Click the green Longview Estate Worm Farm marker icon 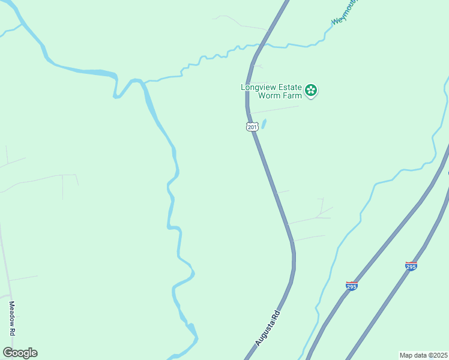point(311,91)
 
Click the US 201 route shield point(252,126)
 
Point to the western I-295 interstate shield point(352,286)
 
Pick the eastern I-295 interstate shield point(411,265)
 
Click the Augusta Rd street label point(268,328)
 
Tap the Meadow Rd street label point(11,318)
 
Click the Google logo point(20,353)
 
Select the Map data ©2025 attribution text point(423,355)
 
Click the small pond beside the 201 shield point(264,124)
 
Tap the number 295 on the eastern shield point(411,266)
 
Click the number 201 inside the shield point(252,127)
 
